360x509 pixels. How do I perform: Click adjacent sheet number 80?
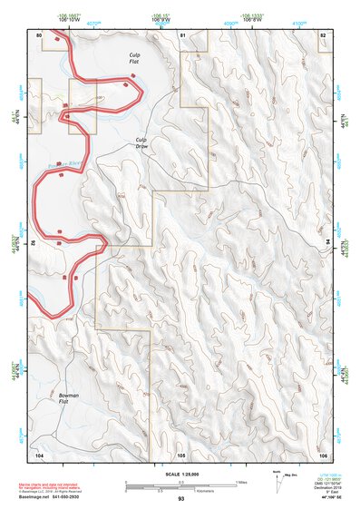point(39,34)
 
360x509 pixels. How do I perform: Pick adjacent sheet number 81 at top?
point(182,34)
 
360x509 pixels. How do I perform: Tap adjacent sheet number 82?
point(322,34)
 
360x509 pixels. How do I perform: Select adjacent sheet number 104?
point(39,453)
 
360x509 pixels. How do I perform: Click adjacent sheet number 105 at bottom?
point(181,453)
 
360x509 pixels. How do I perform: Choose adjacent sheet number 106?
point(322,453)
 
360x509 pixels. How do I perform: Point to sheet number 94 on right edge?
point(328,243)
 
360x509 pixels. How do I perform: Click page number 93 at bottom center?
point(181,500)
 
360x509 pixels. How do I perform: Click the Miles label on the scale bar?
point(242,482)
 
